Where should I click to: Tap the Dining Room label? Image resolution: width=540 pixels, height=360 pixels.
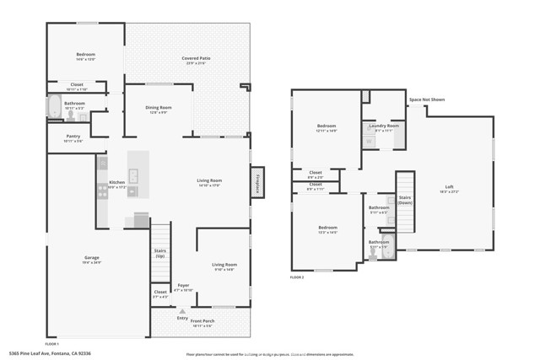click(159, 109)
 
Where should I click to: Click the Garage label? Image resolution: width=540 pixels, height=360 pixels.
click(92, 259)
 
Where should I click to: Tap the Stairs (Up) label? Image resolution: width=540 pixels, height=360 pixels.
click(159, 253)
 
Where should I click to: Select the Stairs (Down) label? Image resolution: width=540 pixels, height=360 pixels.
click(405, 199)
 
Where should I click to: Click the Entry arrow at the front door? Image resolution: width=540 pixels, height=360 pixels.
click(182, 311)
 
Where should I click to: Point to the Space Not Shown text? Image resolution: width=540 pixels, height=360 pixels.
click(426, 99)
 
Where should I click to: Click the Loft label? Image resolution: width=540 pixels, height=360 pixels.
click(450, 188)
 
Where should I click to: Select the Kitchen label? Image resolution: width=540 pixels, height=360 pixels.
click(116, 183)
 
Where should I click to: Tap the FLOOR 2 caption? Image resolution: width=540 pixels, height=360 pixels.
click(297, 277)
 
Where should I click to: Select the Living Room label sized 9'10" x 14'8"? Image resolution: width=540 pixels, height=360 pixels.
click(224, 266)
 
